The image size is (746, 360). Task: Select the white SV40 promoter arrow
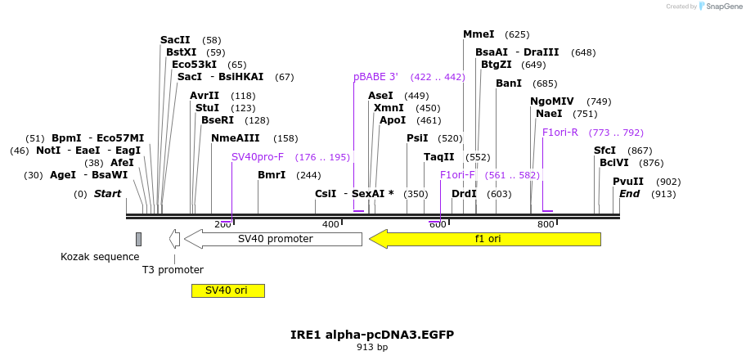[273, 239]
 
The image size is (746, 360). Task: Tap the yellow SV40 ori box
[227, 290]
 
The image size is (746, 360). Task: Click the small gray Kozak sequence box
[138, 239]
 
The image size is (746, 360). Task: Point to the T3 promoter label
[173, 270]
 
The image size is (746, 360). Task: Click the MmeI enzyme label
[479, 34]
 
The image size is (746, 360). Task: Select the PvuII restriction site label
[628, 182]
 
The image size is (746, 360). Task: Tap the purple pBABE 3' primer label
[375, 77]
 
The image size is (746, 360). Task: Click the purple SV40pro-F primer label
[257, 157]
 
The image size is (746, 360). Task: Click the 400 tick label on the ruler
[330, 224]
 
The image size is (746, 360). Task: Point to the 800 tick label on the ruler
[546, 224]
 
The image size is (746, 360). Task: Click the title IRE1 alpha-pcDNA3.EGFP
[372, 335]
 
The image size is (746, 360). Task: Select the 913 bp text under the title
[372, 348]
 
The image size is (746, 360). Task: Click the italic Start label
[107, 194]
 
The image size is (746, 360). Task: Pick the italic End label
[629, 194]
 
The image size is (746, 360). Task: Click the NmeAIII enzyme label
[235, 138]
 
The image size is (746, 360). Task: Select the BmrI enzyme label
[272, 175]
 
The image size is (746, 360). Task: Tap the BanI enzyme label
[508, 83]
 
